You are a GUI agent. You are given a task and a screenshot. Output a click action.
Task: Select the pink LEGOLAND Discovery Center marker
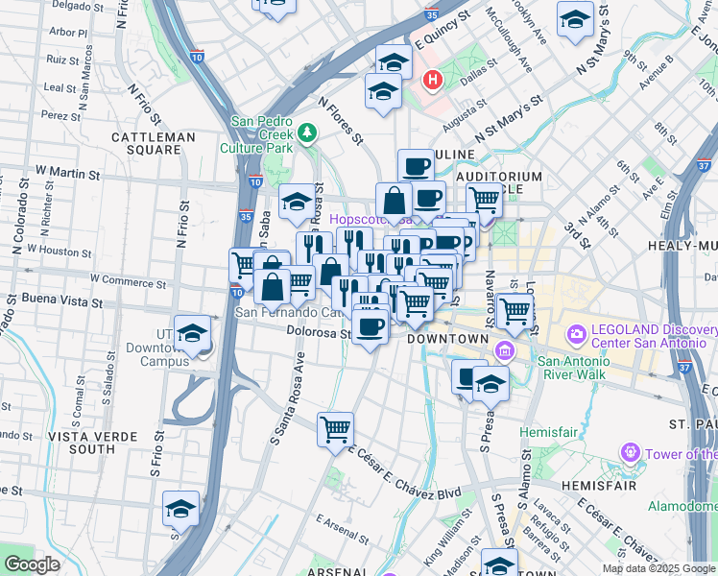click(x=577, y=335)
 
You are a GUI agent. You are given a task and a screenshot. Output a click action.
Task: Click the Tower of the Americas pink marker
click(x=630, y=451)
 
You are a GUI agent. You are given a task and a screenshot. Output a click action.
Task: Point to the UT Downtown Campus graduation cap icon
click(x=192, y=334)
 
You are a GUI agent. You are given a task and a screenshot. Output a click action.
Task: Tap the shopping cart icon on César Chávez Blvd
click(x=335, y=428)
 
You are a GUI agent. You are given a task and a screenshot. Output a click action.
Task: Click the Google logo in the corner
click(x=32, y=564)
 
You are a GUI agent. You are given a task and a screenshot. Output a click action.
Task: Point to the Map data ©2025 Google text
click(x=658, y=568)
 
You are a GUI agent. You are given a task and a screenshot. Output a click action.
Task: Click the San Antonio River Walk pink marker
click(x=500, y=353)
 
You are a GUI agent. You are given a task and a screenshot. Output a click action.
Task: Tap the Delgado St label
click(x=76, y=5)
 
